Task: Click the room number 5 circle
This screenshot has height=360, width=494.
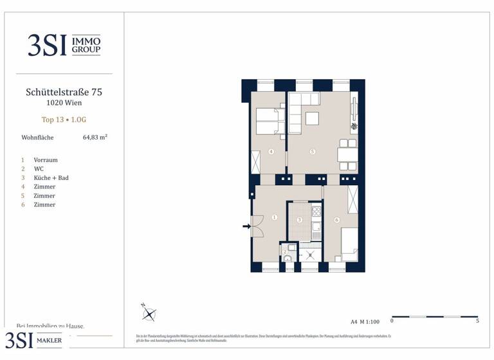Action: click(x=312, y=152)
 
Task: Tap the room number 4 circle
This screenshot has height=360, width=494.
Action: click(x=271, y=152)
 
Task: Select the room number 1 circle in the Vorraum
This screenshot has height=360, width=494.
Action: click(x=274, y=218)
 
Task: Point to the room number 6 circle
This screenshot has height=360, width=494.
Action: click(x=336, y=220)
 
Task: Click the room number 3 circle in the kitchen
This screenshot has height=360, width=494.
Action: click(x=299, y=220)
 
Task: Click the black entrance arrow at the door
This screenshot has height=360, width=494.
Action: click(x=246, y=226)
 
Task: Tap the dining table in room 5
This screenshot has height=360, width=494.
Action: click(x=347, y=153)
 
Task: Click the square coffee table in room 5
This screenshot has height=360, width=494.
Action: click(x=312, y=119)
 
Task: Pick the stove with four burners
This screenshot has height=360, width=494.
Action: click(x=316, y=211)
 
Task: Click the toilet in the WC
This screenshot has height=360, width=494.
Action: click(x=288, y=258)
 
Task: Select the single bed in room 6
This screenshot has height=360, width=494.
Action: click(x=349, y=244)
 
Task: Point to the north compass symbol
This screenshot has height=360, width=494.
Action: click(x=149, y=314)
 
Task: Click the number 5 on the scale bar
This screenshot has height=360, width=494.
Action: click(x=477, y=321)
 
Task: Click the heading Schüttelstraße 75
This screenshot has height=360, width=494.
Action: click(x=64, y=92)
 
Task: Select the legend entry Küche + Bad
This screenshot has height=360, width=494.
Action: click(x=51, y=177)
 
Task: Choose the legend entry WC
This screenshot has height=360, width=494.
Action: click(x=39, y=168)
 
